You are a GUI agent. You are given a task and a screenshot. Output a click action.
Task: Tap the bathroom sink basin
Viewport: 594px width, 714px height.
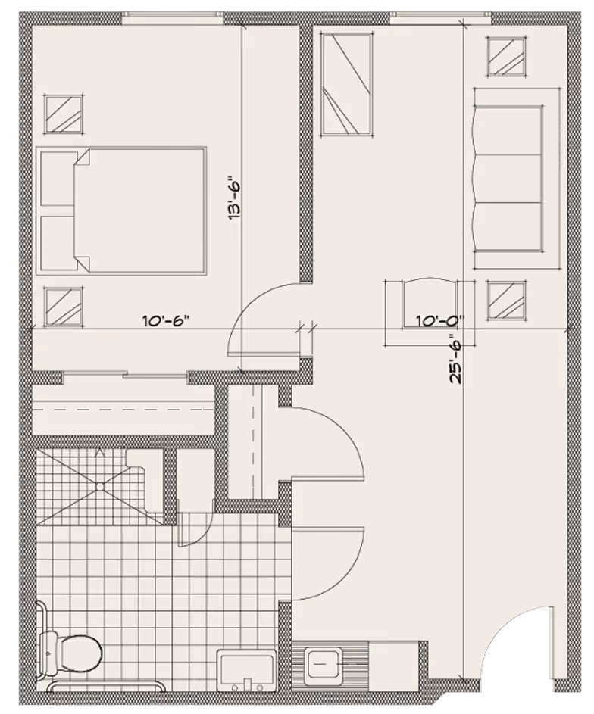click(x=246, y=670)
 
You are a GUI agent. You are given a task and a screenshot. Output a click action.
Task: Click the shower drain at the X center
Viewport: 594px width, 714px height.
click(x=100, y=486)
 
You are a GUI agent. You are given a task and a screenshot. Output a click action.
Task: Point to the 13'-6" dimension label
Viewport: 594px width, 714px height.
click(x=234, y=198)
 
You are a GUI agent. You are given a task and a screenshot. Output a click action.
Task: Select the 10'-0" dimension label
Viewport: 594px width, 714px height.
click(x=439, y=321)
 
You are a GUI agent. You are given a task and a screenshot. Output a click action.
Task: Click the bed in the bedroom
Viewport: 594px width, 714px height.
click(x=121, y=210)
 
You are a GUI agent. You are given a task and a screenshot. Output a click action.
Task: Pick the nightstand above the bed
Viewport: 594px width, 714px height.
click(x=64, y=114)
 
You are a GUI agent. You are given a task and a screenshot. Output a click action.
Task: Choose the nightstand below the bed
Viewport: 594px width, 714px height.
click(x=64, y=306)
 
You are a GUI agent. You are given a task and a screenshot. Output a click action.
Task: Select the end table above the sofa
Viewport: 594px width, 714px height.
click(x=507, y=55)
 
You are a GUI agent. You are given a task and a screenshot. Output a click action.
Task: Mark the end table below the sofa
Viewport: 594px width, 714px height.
click(x=507, y=301)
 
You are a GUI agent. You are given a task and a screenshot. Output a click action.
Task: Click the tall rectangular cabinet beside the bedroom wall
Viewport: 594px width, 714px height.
click(x=347, y=84)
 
